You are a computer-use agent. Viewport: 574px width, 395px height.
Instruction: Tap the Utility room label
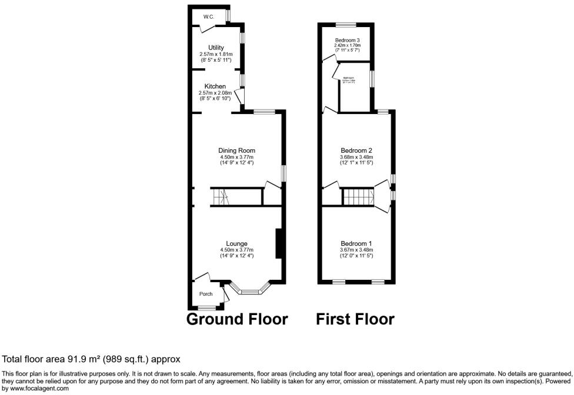click(216, 48)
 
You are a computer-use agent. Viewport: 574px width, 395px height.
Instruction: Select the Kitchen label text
click(215, 86)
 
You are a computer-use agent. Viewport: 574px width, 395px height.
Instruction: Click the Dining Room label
click(236, 150)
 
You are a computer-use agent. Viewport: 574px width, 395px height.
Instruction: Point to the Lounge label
click(236, 243)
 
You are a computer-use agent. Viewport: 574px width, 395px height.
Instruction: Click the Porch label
click(205, 294)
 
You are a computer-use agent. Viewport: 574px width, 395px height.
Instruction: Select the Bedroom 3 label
click(347, 40)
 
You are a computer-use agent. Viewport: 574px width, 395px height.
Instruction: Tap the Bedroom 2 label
click(356, 150)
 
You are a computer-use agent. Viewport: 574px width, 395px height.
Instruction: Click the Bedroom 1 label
click(356, 243)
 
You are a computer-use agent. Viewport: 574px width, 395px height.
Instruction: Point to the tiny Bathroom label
click(348, 78)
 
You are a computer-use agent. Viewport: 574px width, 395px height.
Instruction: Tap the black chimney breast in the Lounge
click(279, 243)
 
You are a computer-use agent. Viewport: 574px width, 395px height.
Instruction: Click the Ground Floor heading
click(237, 319)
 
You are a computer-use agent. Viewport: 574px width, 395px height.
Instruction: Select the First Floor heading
click(355, 319)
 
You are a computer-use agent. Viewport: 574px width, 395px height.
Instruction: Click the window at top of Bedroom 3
click(346, 24)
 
